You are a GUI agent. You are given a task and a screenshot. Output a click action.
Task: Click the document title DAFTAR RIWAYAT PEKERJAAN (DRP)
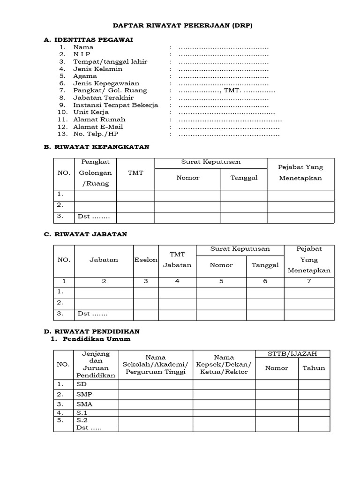tap(183, 26)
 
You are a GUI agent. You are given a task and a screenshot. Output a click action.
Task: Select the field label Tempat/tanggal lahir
tap(103, 61)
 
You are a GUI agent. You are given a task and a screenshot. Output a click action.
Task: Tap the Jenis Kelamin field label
tap(97, 69)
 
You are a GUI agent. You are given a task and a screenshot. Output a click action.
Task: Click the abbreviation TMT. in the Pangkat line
tap(232, 90)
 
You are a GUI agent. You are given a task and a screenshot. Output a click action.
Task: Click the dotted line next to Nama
tap(224, 47)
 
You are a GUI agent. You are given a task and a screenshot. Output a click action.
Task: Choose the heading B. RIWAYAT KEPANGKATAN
tap(97, 147)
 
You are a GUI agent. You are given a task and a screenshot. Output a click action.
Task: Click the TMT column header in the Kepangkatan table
tap(135, 173)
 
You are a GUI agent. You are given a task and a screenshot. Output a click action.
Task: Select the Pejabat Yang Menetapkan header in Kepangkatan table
tap(300, 173)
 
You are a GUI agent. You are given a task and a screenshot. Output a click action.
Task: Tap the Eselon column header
tap(146, 260)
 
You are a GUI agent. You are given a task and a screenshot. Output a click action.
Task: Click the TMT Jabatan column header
tap(177, 260)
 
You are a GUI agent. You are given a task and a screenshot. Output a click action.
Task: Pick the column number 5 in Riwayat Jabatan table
tap(221, 281)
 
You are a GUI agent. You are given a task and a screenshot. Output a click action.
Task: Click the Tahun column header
tap(314, 368)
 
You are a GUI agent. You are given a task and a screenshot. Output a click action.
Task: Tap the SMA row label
tap(84, 404)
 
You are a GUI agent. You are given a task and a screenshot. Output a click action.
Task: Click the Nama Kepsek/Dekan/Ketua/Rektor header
tap(224, 365)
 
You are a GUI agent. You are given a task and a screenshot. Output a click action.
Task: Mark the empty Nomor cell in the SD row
tap(277, 384)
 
